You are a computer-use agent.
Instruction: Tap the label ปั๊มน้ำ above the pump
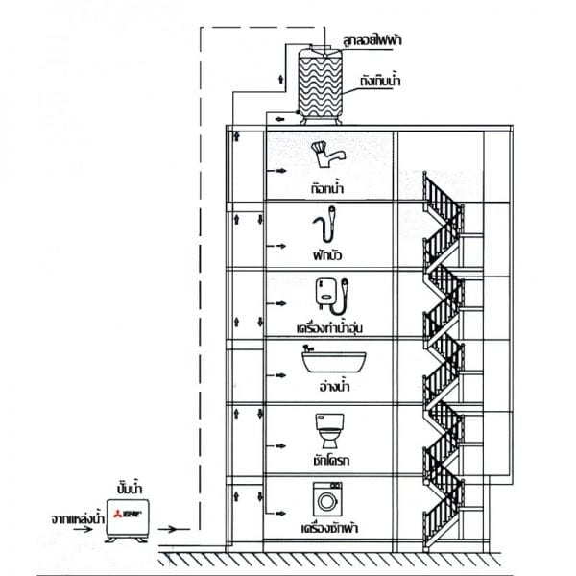click(x=130, y=488)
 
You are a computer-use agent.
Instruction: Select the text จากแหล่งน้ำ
click(x=78, y=518)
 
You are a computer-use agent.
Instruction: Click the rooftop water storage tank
click(x=320, y=85)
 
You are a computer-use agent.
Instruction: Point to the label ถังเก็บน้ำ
click(x=380, y=81)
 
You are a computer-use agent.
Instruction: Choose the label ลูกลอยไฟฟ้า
click(x=372, y=39)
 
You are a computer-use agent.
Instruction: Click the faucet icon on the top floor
click(x=327, y=155)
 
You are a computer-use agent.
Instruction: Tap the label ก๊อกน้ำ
click(x=327, y=188)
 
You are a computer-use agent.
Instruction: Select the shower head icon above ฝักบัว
click(x=324, y=224)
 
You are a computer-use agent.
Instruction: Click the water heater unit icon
click(x=332, y=296)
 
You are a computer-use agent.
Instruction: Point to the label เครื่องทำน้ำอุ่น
click(x=329, y=327)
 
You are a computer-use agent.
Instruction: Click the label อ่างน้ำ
click(x=334, y=387)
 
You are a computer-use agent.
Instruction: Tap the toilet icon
click(x=329, y=430)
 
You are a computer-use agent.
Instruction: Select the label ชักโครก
click(x=331, y=460)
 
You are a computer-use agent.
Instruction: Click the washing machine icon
click(x=327, y=499)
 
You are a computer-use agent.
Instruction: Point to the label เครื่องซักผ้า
click(x=329, y=528)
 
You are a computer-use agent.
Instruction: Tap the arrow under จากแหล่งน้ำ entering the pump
click(x=83, y=529)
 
